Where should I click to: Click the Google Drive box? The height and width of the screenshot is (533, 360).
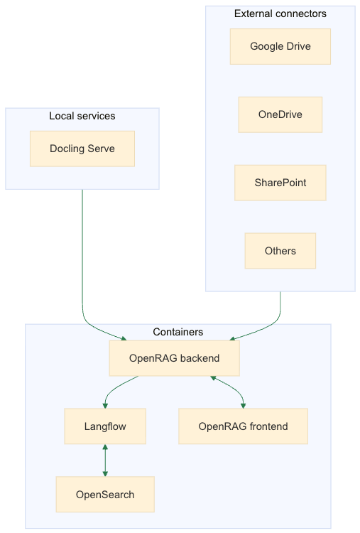pos(280,47)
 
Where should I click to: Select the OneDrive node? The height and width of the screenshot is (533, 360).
pos(280,115)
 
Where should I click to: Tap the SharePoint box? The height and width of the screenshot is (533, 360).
pos(280,183)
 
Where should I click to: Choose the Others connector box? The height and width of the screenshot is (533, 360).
pos(280,251)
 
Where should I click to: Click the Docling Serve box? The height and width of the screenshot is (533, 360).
pos(82,149)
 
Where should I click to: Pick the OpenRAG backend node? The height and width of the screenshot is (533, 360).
pos(174,358)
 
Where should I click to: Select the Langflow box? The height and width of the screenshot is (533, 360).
pos(105,426)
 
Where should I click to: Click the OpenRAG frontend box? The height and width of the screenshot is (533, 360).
pos(243,426)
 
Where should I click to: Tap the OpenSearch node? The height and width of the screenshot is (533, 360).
pos(105,495)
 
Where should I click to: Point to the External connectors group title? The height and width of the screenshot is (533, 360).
pos(280,14)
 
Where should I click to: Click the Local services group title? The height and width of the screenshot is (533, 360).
pos(82,116)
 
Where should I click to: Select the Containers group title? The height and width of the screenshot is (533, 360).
pos(178,332)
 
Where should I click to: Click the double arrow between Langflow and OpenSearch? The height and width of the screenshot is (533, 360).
pos(105,461)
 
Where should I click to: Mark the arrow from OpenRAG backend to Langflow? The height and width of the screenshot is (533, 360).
pos(115,387)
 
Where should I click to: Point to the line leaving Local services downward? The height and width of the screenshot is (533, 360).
pos(82,249)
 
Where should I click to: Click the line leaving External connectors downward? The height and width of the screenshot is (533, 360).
pos(280,306)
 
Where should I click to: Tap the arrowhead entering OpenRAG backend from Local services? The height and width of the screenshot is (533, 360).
pos(123,338)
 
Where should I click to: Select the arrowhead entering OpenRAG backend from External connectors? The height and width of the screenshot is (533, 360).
pos(231,338)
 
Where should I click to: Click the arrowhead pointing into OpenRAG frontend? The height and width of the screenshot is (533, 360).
pos(243,405)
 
